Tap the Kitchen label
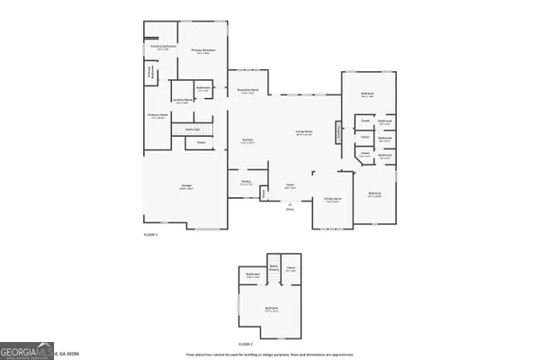click(x=247, y=140)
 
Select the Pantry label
click(x=245, y=182)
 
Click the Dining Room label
click(x=332, y=201)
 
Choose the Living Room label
click(x=303, y=132)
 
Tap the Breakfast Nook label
click(x=249, y=91)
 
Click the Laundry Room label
click(x=182, y=101)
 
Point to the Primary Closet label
click(x=158, y=116)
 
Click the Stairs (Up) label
click(x=192, y=130)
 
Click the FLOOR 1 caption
click(x=150, y=234)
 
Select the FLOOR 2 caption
click(x=245, y=345)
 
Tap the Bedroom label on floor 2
click(x=271, y=310)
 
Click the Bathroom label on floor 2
click(x=253, y=275)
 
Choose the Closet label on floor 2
click(x=291, y=268)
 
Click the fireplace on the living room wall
click(x=338, y=131)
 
